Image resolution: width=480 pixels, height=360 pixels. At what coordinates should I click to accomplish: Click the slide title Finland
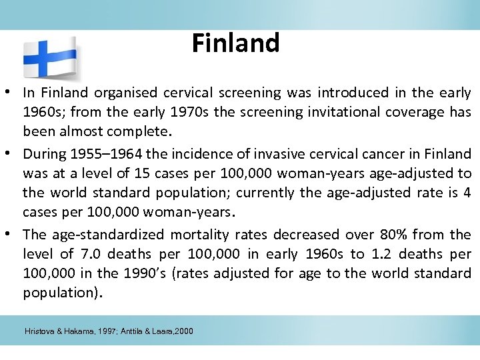click(x=235, y=43)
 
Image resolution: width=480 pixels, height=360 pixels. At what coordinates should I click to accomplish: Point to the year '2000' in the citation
click(x=182, y=331)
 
